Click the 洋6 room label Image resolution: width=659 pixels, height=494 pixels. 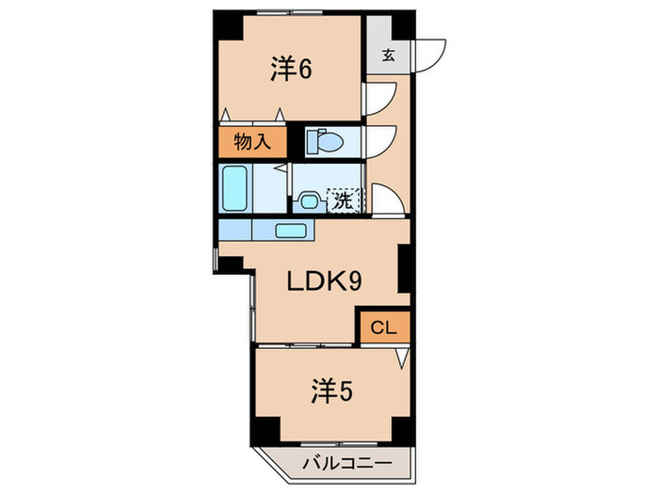coord(293,71)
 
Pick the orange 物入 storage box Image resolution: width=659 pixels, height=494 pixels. coord(252,142)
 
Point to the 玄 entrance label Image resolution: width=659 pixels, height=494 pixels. coord(388,55)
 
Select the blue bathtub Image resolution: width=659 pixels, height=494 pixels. coord(233,189)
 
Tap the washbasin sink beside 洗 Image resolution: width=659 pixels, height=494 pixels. coord(309,199)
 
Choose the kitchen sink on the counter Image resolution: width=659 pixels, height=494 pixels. coord(292,230)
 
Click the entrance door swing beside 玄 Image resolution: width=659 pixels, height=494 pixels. coord(429,53)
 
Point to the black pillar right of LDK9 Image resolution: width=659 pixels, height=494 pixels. coord(404,268)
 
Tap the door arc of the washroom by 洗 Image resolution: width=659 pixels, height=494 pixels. coord(386,199)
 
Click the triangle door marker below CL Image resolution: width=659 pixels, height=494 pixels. coord(403,357)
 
